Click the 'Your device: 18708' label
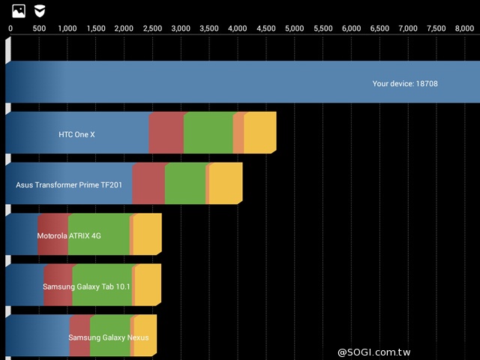(405, 84)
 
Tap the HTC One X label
(76, 135)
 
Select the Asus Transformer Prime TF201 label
(69, 184)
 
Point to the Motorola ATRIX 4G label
(69, 235)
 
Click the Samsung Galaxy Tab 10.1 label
(86, 286)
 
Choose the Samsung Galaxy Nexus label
(108, 337)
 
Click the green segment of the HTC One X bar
(208, 133)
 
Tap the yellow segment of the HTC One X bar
(259, 133)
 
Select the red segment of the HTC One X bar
(166, 133)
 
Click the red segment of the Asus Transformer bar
(148, 184)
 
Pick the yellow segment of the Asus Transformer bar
(226, 184)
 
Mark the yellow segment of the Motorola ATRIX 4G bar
(147, 235)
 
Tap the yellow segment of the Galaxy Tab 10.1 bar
(148, 285)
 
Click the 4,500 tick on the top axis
(266, 28)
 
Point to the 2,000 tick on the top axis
(124, 28)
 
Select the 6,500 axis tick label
(380, 28)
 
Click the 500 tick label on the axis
(39, 28)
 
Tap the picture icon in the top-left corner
(19, 11)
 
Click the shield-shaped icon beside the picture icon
(39, 11)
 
